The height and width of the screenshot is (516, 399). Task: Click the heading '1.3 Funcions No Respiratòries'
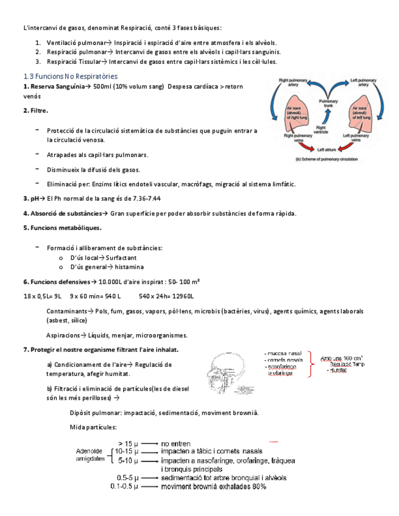(x=70, y=76)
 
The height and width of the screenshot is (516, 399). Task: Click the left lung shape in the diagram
(x=358, y=116)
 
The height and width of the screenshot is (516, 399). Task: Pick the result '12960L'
(x=180, y=296)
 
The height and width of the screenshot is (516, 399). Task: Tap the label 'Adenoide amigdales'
(x=90, y=456)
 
